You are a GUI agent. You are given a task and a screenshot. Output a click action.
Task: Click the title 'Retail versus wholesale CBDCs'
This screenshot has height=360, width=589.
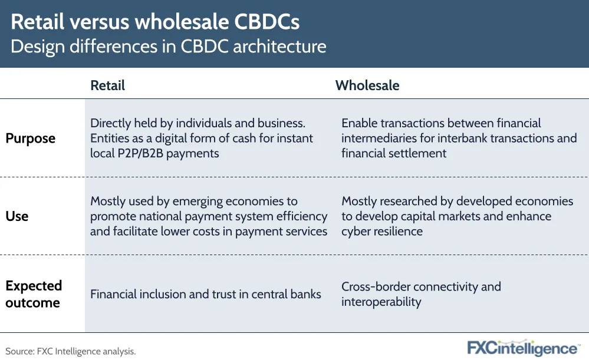click(x=155, y=22)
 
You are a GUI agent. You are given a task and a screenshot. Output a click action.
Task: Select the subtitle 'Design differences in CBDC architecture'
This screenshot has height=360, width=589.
click(x=168, y=47)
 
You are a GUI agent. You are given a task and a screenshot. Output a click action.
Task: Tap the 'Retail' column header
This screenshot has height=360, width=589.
click(x=107, y=85)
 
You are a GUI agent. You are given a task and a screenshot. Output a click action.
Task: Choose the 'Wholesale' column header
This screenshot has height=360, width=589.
click(x=367, y=85)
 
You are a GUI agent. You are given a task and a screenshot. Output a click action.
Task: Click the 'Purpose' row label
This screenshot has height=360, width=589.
click(x=31, y=138)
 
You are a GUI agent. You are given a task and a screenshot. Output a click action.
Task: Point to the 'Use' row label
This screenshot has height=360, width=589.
click(x=17, y=216)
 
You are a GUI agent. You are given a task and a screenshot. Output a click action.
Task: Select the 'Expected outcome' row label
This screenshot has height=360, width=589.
click(x=34, y=295)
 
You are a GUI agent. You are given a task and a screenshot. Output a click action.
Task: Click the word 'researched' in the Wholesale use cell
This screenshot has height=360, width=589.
click(x=409, y=201)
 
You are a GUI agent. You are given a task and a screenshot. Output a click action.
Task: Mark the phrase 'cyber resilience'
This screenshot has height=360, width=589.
click(x=382, y=231)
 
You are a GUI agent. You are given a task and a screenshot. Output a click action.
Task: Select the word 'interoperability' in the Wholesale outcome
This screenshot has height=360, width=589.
click(x=381, y=302)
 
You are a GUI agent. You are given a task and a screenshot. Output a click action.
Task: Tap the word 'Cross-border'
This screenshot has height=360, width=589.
click(x=377, y=287)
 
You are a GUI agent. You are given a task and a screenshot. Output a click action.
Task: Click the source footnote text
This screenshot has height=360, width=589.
click(x=71, y=351)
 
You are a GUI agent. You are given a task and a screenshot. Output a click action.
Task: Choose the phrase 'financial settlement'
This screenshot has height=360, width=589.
click(x=394, y=153)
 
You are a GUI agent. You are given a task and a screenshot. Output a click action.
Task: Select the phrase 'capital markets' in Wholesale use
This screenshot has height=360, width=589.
click(x=441, y=216)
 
